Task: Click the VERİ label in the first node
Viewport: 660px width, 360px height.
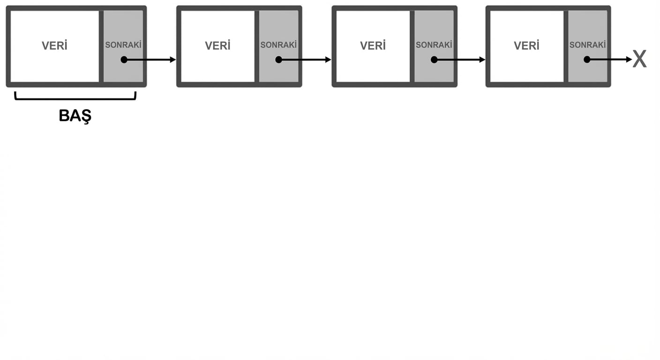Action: [x=54, y=45]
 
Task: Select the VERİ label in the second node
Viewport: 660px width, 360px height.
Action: [x=218, y=45]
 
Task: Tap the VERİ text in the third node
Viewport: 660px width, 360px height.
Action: [x=373, y=45]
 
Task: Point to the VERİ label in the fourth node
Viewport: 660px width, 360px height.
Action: [x=526, y=45]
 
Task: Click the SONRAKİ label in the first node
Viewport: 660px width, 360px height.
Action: [x=123, y=45]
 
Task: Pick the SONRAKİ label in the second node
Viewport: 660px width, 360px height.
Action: [x=278, y=45]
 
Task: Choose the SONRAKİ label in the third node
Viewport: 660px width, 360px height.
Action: [x=434, y=45]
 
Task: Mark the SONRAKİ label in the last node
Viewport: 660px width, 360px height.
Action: [x=587, y=45]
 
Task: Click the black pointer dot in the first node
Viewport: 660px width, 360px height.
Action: [x=124, y=60]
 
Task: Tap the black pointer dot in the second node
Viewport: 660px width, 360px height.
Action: [x=279, y=60]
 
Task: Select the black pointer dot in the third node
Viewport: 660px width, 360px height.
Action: [x=434, y=60]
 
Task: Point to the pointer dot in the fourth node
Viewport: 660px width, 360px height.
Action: [x=587, y=60]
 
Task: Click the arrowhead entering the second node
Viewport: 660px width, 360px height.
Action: [x=173, y=60]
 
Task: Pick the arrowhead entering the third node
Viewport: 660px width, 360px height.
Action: [x=328, y=60]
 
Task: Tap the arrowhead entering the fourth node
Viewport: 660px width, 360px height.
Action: [x=482, y=60]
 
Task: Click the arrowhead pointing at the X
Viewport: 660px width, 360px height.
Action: [x=629, y=60]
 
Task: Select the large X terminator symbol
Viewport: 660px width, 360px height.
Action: [x=640, y=59]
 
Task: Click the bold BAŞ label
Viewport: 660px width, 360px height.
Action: [x=75, y=116]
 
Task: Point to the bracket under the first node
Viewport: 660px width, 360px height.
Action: [x=75, y=99]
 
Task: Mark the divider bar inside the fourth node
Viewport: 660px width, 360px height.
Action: [x=566, y=46]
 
